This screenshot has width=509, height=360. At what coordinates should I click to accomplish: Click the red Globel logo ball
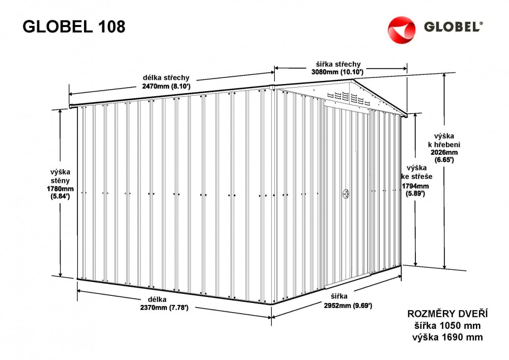(x=402, y=29)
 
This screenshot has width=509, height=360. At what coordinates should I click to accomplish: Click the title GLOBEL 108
(x=74, y=26)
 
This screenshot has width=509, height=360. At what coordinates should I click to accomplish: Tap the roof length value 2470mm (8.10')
(x=166, y=87)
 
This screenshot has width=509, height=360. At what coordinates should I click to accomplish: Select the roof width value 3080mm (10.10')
(x=337, y=72)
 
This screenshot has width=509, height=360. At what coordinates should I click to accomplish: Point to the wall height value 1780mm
(x=61, y=189)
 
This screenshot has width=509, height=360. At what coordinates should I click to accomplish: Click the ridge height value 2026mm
(x=444, y=152)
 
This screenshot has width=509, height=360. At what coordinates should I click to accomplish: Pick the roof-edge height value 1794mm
(x=415, y=186)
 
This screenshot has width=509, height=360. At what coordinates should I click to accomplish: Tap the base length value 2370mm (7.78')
(x=164, y=308)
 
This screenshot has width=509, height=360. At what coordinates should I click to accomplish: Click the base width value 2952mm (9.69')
(x=348, y=306)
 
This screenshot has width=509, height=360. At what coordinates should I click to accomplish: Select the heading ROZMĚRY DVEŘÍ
(x=447, y=314)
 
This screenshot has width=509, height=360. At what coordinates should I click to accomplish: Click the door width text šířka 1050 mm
(x=447, y=325)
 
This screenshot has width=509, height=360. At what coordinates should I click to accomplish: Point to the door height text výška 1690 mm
(x=447, y=337)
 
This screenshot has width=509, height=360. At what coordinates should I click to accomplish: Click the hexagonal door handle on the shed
(x=346, y=194)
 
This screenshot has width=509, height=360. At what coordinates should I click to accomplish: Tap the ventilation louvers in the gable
(x=348, y=97)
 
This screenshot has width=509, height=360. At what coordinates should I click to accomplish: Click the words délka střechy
(x=166, y=78)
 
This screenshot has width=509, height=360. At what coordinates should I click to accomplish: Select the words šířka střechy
(x=338, y=64)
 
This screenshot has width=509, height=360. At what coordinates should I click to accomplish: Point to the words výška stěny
(x=60, y=176)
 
